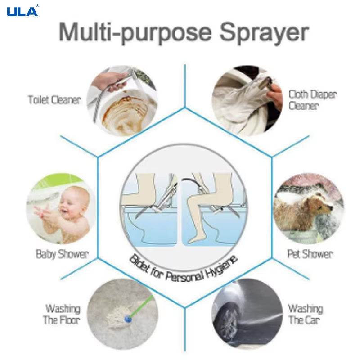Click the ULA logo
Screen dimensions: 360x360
pos(22,11)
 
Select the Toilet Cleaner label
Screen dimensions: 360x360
pos(54,100)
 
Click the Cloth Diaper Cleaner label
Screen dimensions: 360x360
pos(312,100)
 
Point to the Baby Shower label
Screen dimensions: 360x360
pos(62,254)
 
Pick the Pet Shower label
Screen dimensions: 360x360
pos(310,254)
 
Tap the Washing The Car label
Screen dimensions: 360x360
pos(306,315)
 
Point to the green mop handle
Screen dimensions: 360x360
pos(143,307)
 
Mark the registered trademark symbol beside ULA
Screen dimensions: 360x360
pos(37,5)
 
